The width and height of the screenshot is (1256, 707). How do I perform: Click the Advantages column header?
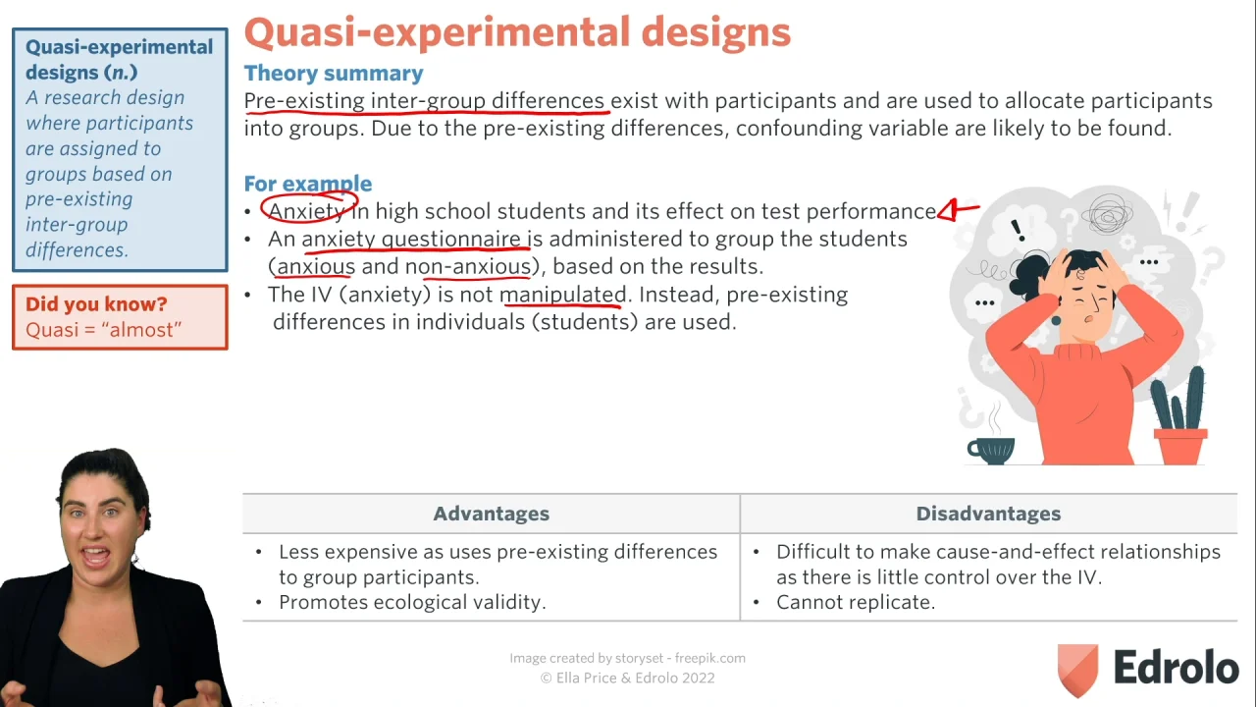point(492,514)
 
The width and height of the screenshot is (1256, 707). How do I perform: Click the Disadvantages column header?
point(988,514)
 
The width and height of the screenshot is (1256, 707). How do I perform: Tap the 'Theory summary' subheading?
point(334,73)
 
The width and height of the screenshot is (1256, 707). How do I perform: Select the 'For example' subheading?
point(308,184)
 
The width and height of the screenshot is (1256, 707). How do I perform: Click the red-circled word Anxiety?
point(306,211)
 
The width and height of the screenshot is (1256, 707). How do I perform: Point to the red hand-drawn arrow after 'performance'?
point(959,210)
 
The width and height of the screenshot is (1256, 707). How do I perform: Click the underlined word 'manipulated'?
point(562,295)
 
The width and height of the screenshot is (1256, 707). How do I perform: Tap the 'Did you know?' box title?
point(96,303)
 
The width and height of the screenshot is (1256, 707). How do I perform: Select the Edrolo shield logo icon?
point(1077,671)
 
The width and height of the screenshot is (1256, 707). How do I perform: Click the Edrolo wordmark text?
point(1177,667)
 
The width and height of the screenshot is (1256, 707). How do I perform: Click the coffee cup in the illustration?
point(991,450)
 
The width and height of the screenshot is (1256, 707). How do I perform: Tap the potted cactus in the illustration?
point(1179,416)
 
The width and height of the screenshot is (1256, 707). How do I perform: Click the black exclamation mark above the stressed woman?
point(1018,230)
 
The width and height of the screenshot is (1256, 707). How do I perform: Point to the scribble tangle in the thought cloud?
point(1106,214)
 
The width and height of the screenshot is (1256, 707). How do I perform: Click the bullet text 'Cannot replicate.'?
point(856,602)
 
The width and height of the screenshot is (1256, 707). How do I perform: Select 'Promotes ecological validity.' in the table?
point(412,602)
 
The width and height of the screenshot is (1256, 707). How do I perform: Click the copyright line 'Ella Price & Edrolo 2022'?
point(627,678)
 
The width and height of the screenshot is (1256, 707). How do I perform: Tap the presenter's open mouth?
point(95,556)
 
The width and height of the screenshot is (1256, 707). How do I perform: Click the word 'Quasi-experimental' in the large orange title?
point(438,32)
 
